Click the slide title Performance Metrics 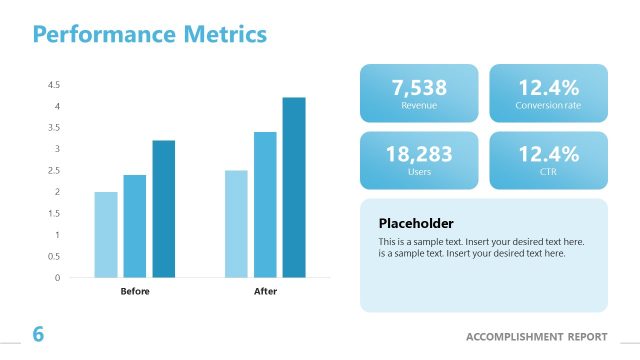click(150, 35)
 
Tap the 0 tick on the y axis click(57, 277)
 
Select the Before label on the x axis click(135, 292)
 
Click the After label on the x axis click(265, 292)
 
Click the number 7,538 click(419, 87)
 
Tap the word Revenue click(419, 105)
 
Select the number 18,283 click(419, 154)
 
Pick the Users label click(419, 172)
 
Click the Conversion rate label click(548, 105)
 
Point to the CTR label click(548, 172)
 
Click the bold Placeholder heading click(416, 223)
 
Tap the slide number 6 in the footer click(38, 334)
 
